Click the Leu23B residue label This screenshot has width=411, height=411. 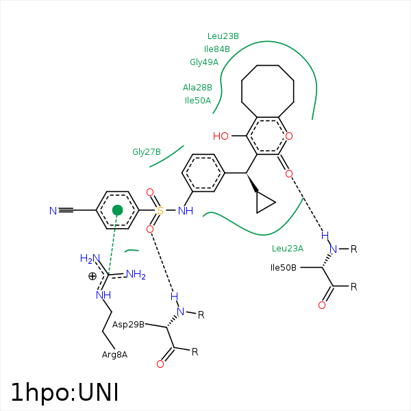[223, 36]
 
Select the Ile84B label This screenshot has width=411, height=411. [217, 49]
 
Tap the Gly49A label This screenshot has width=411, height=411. [204, 62]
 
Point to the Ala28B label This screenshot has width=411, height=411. [197, 88]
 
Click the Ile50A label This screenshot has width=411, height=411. [198, 101]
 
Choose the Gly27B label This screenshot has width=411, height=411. [147, 152]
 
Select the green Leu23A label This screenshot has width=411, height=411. [288, 249]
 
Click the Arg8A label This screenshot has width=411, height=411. [115, 354]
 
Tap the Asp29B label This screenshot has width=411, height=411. [128, 324]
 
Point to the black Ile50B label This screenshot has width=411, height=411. [284, 267]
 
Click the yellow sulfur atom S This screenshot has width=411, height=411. [160, 211]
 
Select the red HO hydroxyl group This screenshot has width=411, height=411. [221, 136]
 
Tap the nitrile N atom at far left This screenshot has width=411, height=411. [53, 211]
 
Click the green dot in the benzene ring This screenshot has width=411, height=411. [118, 210]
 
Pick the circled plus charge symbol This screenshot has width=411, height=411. [92, 277]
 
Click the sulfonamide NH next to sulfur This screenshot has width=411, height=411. [185, 211]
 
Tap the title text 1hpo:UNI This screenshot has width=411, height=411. [65, 393]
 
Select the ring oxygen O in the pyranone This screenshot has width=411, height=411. [289, 136]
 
